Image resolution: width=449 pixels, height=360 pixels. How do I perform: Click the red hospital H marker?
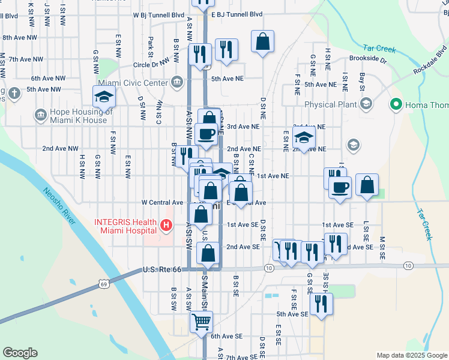[166, 226]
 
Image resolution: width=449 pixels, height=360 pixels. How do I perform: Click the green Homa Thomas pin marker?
[396, 105]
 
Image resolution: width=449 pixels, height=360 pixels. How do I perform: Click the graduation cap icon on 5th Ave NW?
[104, 96]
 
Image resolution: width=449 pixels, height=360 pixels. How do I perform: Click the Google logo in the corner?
[20, 352]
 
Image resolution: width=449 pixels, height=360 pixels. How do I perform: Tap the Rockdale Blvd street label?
[430, 62]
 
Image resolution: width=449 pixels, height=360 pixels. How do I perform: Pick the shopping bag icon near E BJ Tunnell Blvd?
[262, 41]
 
